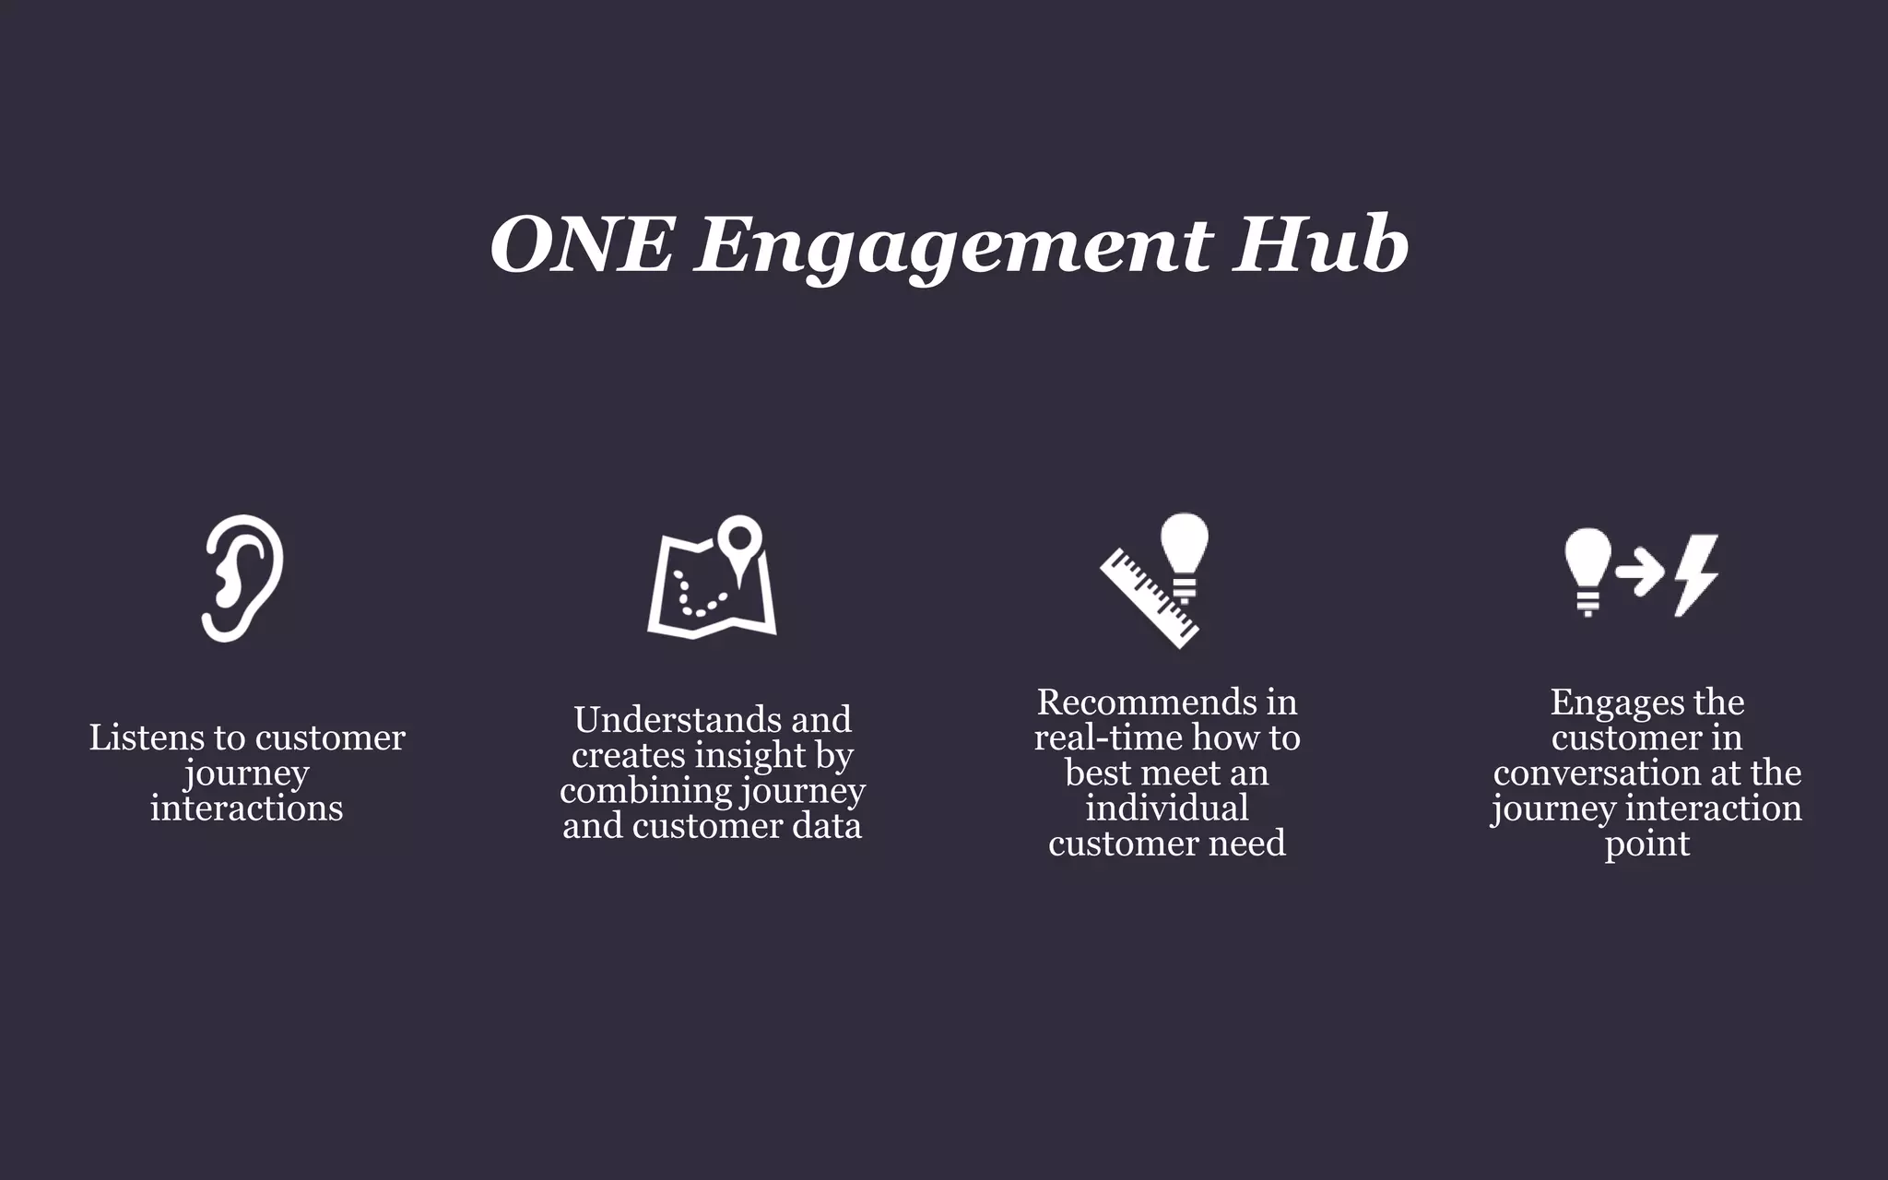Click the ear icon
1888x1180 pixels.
[x=242, y=578]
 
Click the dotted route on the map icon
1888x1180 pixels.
[x=701, y=596]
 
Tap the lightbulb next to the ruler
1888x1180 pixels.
[x=1184, y=549]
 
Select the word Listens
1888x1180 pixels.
[x=147, y=737]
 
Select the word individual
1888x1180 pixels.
[x=1166, y=808]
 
